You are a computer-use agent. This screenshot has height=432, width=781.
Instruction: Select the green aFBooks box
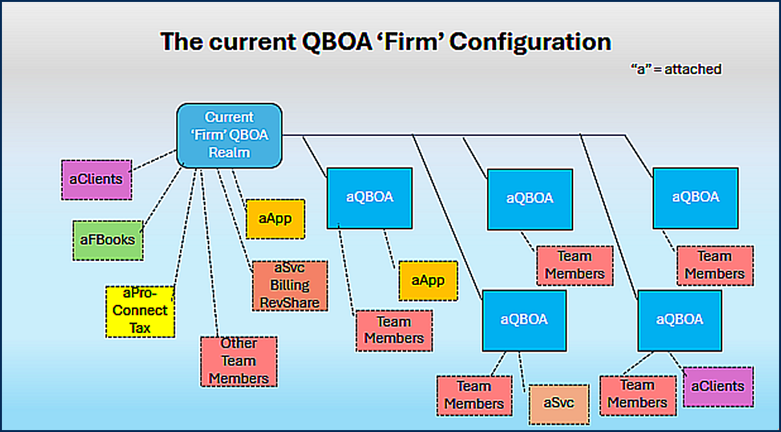108,240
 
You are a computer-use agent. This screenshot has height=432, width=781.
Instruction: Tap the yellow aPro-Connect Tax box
140,310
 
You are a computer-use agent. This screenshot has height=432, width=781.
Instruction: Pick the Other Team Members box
238,361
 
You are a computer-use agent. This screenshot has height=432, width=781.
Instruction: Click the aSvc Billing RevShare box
289,286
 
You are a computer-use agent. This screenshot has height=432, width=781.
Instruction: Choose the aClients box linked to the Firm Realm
97,179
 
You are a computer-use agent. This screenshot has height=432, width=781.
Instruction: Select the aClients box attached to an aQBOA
718,387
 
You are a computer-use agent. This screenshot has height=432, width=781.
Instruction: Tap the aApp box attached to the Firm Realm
275,219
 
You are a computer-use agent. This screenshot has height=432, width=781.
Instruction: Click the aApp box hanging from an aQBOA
428,280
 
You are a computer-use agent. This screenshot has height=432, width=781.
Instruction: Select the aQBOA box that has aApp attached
369,197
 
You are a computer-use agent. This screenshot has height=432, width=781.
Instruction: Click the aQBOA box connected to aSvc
524,319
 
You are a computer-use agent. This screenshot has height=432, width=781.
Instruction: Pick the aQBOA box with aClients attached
679,319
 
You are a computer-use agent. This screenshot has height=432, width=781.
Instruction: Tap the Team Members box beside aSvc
474,395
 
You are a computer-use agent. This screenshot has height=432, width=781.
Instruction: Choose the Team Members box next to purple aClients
637,394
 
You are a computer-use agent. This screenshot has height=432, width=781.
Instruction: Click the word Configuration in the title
530,41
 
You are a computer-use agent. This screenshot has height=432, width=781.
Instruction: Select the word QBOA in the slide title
330,41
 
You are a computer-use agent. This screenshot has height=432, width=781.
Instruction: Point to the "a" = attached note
675,69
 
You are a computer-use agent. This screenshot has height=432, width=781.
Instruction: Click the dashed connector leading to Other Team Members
209,253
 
